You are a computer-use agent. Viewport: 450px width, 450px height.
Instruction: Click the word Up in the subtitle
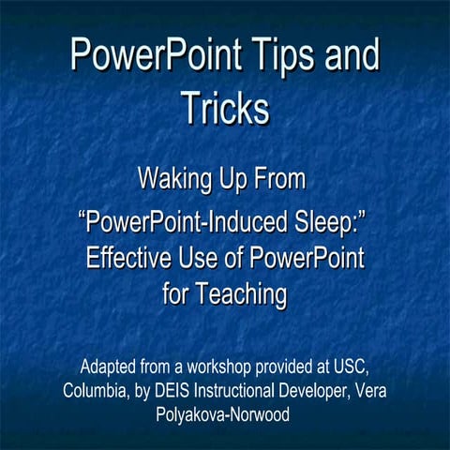pos(244,176)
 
